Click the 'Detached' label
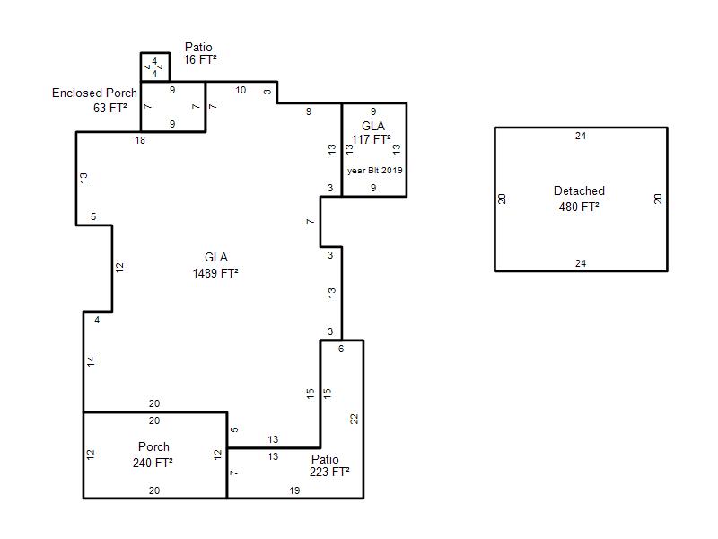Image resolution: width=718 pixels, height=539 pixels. click(579, 190)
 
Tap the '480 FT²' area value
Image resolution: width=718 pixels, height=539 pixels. click(579, 207)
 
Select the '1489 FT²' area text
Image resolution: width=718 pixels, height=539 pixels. click(215, 273)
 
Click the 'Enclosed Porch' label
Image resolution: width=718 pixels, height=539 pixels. click(94, 93)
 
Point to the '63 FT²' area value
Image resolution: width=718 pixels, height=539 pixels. click(109, 108)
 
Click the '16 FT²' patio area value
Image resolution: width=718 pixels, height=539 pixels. click(200, 59)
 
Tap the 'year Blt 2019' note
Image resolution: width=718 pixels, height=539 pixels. click(374, 170)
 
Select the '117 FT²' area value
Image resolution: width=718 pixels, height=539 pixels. click(371, 139)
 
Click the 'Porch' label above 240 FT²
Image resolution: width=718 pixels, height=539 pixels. click(153, 446)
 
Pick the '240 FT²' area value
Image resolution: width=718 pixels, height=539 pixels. click(153, 463)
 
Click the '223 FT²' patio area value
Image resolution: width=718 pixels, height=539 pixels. click(329, 473)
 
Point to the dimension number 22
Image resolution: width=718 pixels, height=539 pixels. click(354, 419)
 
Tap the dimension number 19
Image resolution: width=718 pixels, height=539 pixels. click(294, 490)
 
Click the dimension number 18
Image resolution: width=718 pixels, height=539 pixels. click(140, 140)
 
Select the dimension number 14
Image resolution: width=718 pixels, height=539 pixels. click(91, 361)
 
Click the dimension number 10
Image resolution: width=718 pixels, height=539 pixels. click(241, 90)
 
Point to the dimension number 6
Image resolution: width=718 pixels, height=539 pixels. click(341, 349)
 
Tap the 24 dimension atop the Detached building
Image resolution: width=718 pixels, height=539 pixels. click(581, 136)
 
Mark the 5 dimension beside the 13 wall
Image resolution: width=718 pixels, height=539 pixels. click(234, 430)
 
